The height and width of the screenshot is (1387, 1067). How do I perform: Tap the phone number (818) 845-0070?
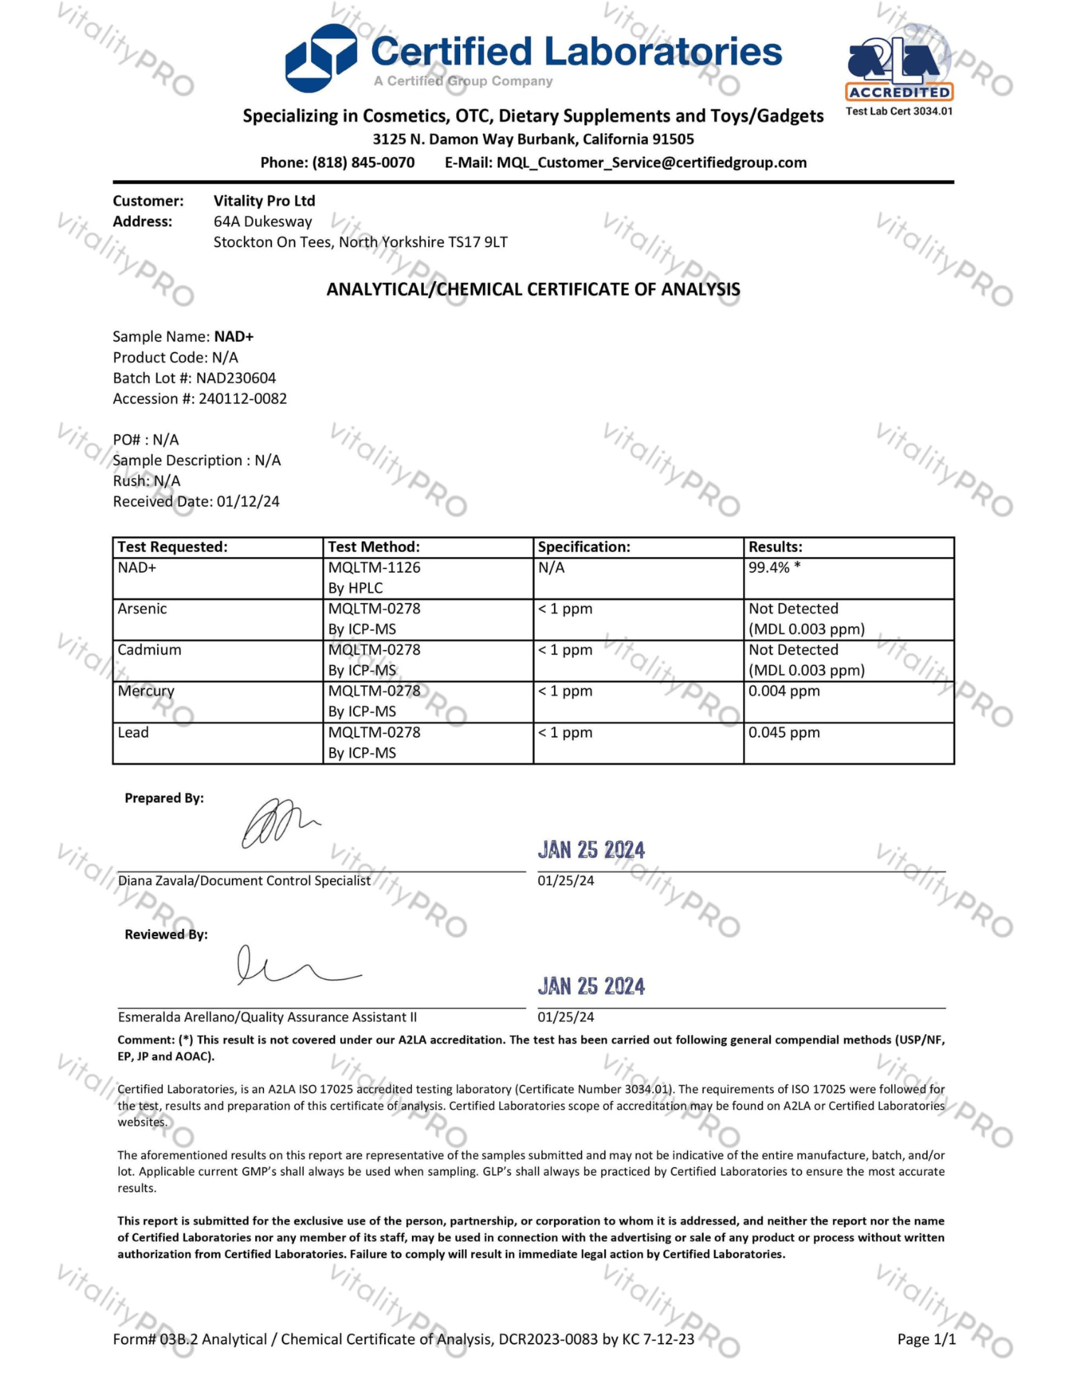(363, 162)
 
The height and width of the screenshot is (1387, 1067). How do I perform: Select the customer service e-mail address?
(652, 162)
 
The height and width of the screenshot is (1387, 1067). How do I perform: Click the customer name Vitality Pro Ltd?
(264, 201)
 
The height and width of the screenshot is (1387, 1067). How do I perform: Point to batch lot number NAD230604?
(235, 378)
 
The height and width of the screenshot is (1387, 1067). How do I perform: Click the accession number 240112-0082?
(243, 398)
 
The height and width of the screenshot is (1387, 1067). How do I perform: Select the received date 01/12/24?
(248, 501)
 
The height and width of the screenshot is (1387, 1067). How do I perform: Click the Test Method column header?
(373, 546)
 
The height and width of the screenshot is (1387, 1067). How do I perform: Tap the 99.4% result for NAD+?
(769, 568)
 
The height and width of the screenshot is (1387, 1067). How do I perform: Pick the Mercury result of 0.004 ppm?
(784, 691)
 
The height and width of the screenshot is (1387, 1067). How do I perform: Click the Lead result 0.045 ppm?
(784, 732)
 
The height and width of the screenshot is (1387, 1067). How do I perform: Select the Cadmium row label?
(149, 649)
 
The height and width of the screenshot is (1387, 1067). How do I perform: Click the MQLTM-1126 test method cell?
(374, 568)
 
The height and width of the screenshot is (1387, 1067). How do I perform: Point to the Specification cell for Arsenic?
(566, 609)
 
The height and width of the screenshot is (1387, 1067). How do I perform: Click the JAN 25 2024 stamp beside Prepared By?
(591, 850)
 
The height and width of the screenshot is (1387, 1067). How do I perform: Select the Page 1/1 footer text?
(926, 1339)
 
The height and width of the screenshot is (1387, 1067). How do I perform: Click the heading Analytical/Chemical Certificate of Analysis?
(533, 289)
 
